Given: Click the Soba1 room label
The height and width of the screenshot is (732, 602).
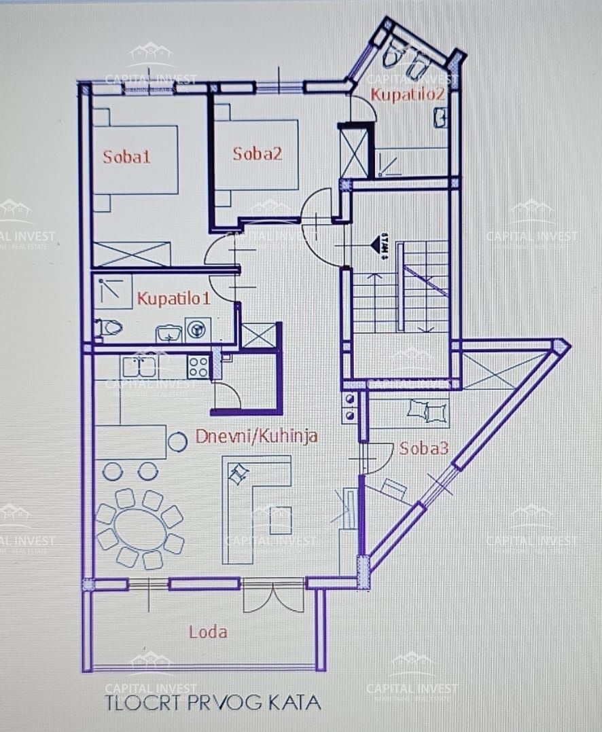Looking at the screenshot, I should coord(126,157).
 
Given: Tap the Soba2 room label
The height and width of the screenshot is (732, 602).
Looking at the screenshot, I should coord(257,153).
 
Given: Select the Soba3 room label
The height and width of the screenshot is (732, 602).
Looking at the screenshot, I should coord(423,448).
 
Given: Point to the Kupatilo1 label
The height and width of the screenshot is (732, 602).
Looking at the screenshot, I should coord(174,297).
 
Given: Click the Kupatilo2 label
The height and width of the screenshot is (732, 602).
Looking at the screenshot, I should coord(406,94).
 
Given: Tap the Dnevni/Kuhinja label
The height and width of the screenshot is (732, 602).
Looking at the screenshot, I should coord(256,436).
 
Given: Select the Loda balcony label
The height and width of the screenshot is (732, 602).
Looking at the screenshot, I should coord(208,632).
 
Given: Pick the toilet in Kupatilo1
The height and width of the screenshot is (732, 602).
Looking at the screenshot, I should coord(108,329).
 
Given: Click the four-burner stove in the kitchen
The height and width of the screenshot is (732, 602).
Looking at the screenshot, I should coord(198,367).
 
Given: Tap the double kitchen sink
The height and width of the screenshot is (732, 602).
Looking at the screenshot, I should coord(140,367).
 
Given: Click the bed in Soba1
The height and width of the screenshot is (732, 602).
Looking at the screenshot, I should coord(135,160).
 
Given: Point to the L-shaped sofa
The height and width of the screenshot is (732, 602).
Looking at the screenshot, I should coord(257,502).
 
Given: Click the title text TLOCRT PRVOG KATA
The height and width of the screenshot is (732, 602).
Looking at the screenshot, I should coord(213,702).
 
